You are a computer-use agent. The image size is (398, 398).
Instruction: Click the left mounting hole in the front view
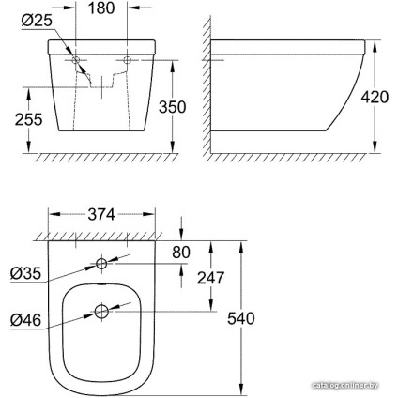click(x=77, y=62)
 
